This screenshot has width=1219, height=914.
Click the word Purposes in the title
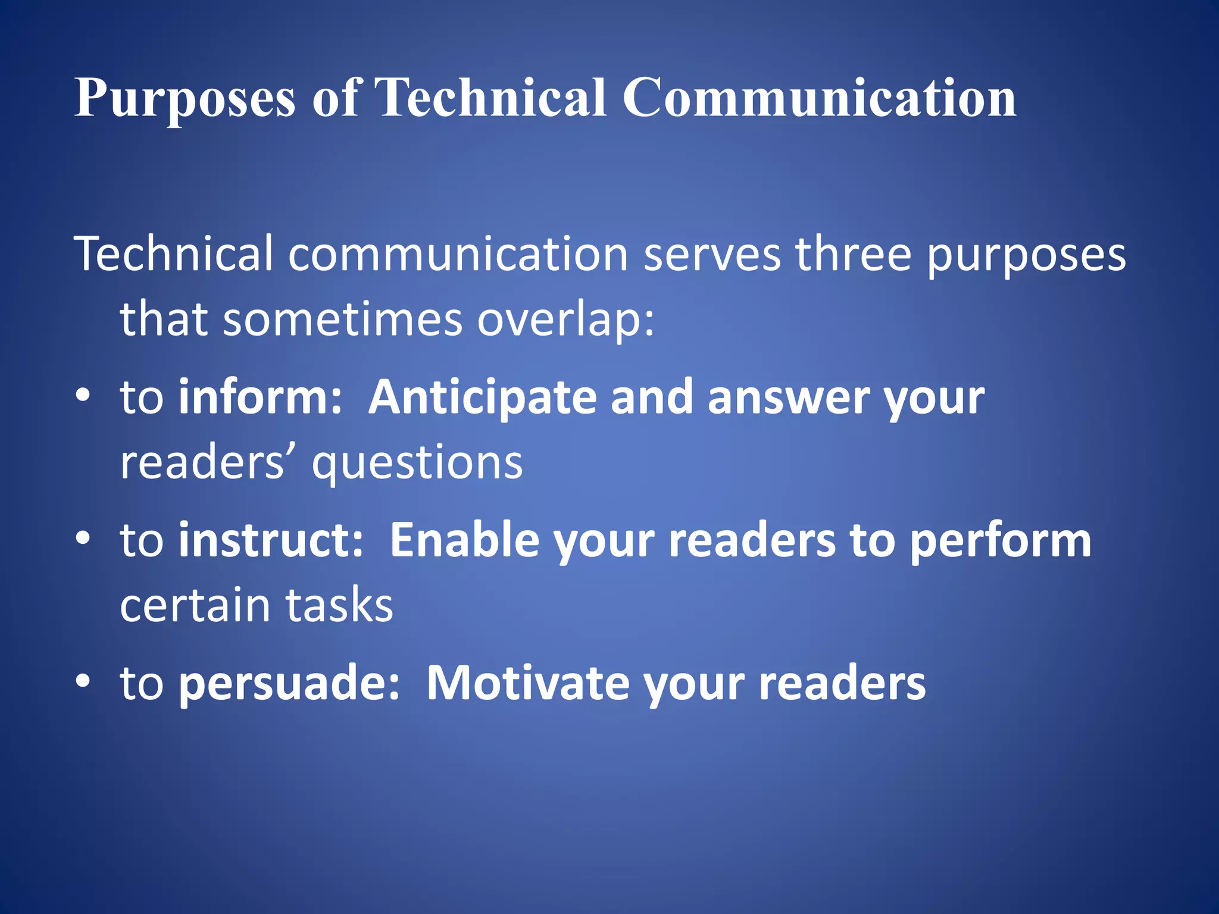pyautogui.click(x=185, y=98)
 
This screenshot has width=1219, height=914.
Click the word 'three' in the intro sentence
pyautogui.click(x=854, y=254)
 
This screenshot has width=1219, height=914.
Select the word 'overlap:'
pyautogui.click(x=565, y=320)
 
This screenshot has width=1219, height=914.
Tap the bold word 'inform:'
pyautogui.click(x=260, y=397)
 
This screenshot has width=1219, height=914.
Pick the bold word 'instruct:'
pyautogui.click(x=271, y=540)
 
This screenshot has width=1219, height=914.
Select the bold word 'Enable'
pyautogui.click(x=464, y=540)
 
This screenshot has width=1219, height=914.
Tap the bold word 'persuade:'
pyautogui.click(x=289, y=683)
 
